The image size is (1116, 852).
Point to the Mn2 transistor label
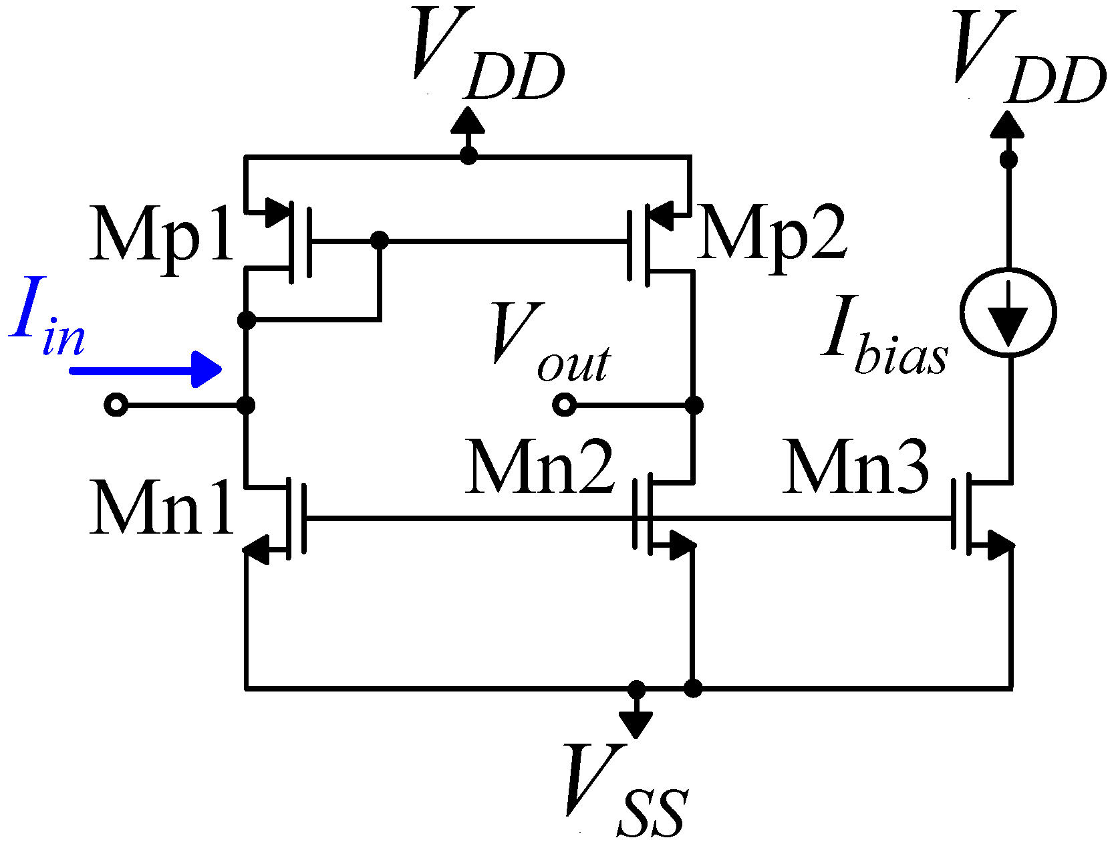540,468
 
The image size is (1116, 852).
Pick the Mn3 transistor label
857,468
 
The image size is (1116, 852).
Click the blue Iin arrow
146,369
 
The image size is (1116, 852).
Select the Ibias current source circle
1008,312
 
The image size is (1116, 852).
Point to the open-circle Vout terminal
565,405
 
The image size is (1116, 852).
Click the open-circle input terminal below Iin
116,405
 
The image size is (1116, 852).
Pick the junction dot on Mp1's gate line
379,239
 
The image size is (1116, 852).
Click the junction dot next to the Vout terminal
694,405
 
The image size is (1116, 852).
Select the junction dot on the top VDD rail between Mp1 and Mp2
468,156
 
